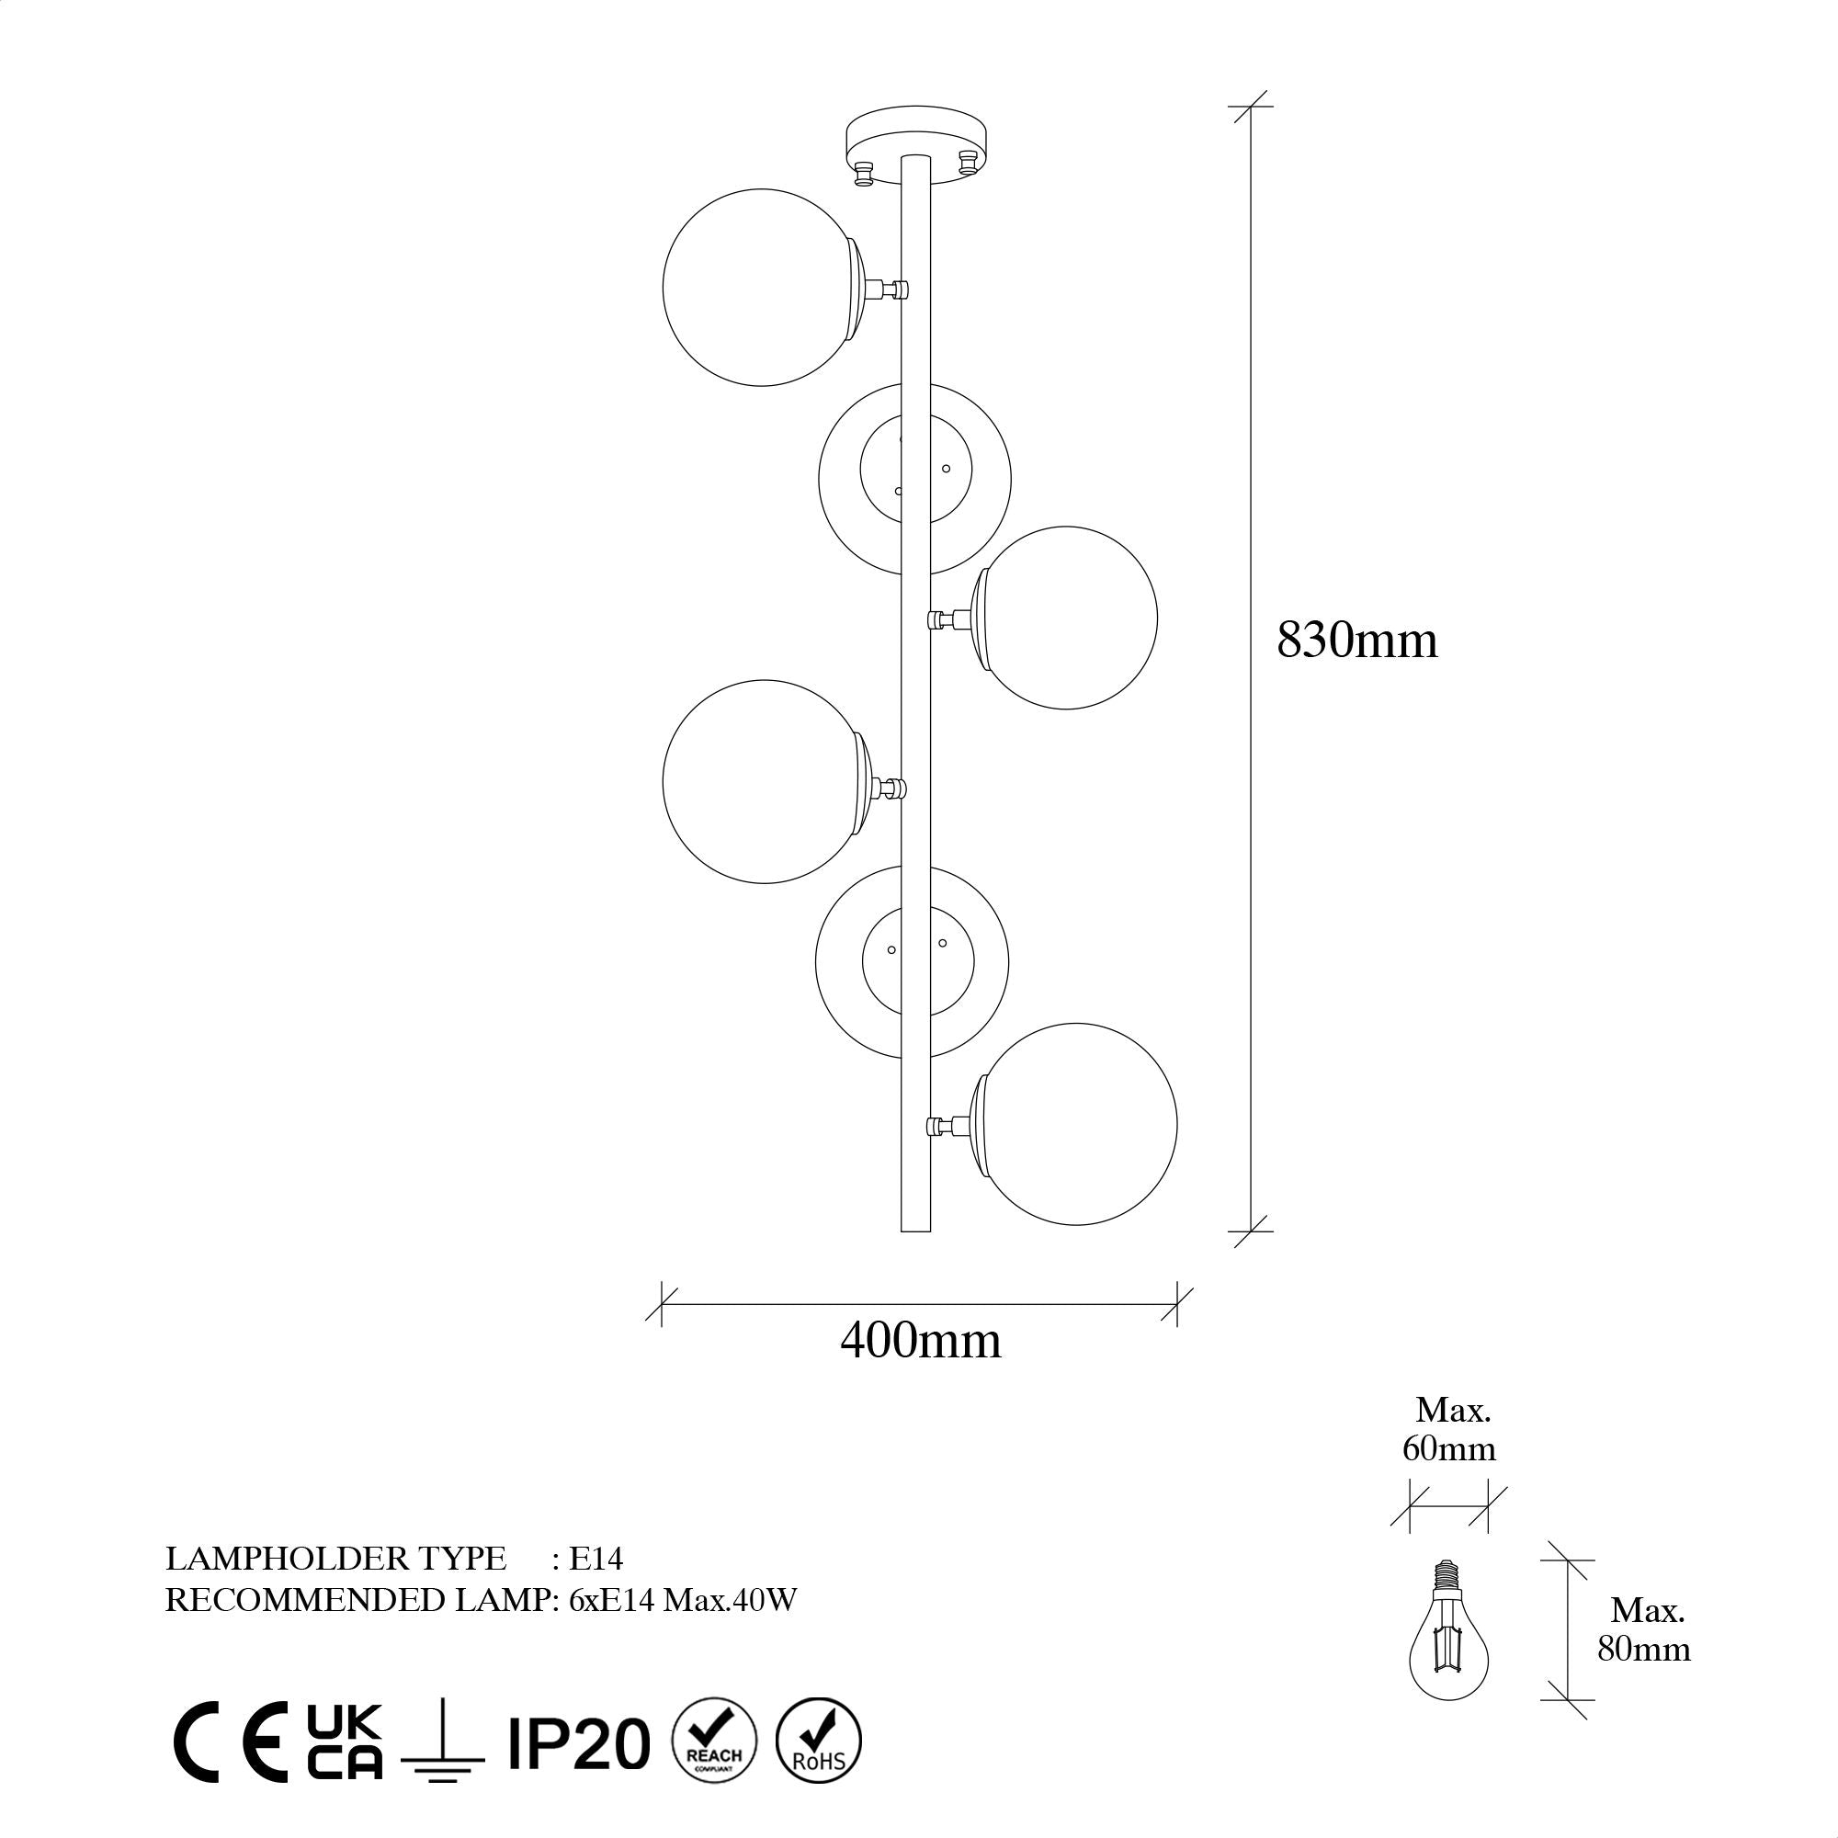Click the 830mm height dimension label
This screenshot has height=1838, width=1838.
point(1356,641)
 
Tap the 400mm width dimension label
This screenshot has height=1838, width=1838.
point(921,1342)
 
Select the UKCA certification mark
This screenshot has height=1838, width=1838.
point(345,1741)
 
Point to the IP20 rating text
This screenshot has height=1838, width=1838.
point(578,1745)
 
